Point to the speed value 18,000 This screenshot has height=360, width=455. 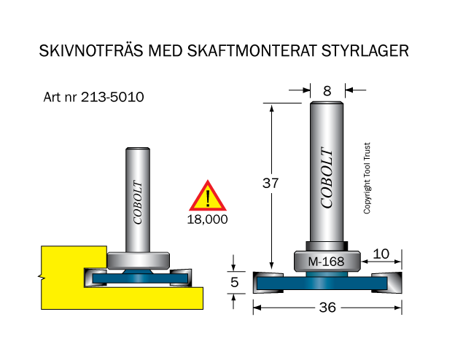pos(208,219)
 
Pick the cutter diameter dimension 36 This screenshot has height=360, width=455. pos(327,308)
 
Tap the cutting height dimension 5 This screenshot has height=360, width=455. pos(233,281)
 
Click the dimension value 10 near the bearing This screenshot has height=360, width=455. pos(381,254)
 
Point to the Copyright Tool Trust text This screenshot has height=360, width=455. pos(367,178)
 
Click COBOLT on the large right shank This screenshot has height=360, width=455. pos(327,179)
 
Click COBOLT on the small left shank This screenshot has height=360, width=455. pos(138,201)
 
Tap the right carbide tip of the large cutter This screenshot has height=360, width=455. pos(388,283)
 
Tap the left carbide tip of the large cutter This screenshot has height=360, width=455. pos(266,283)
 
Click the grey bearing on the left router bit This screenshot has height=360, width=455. pos(139,258)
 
